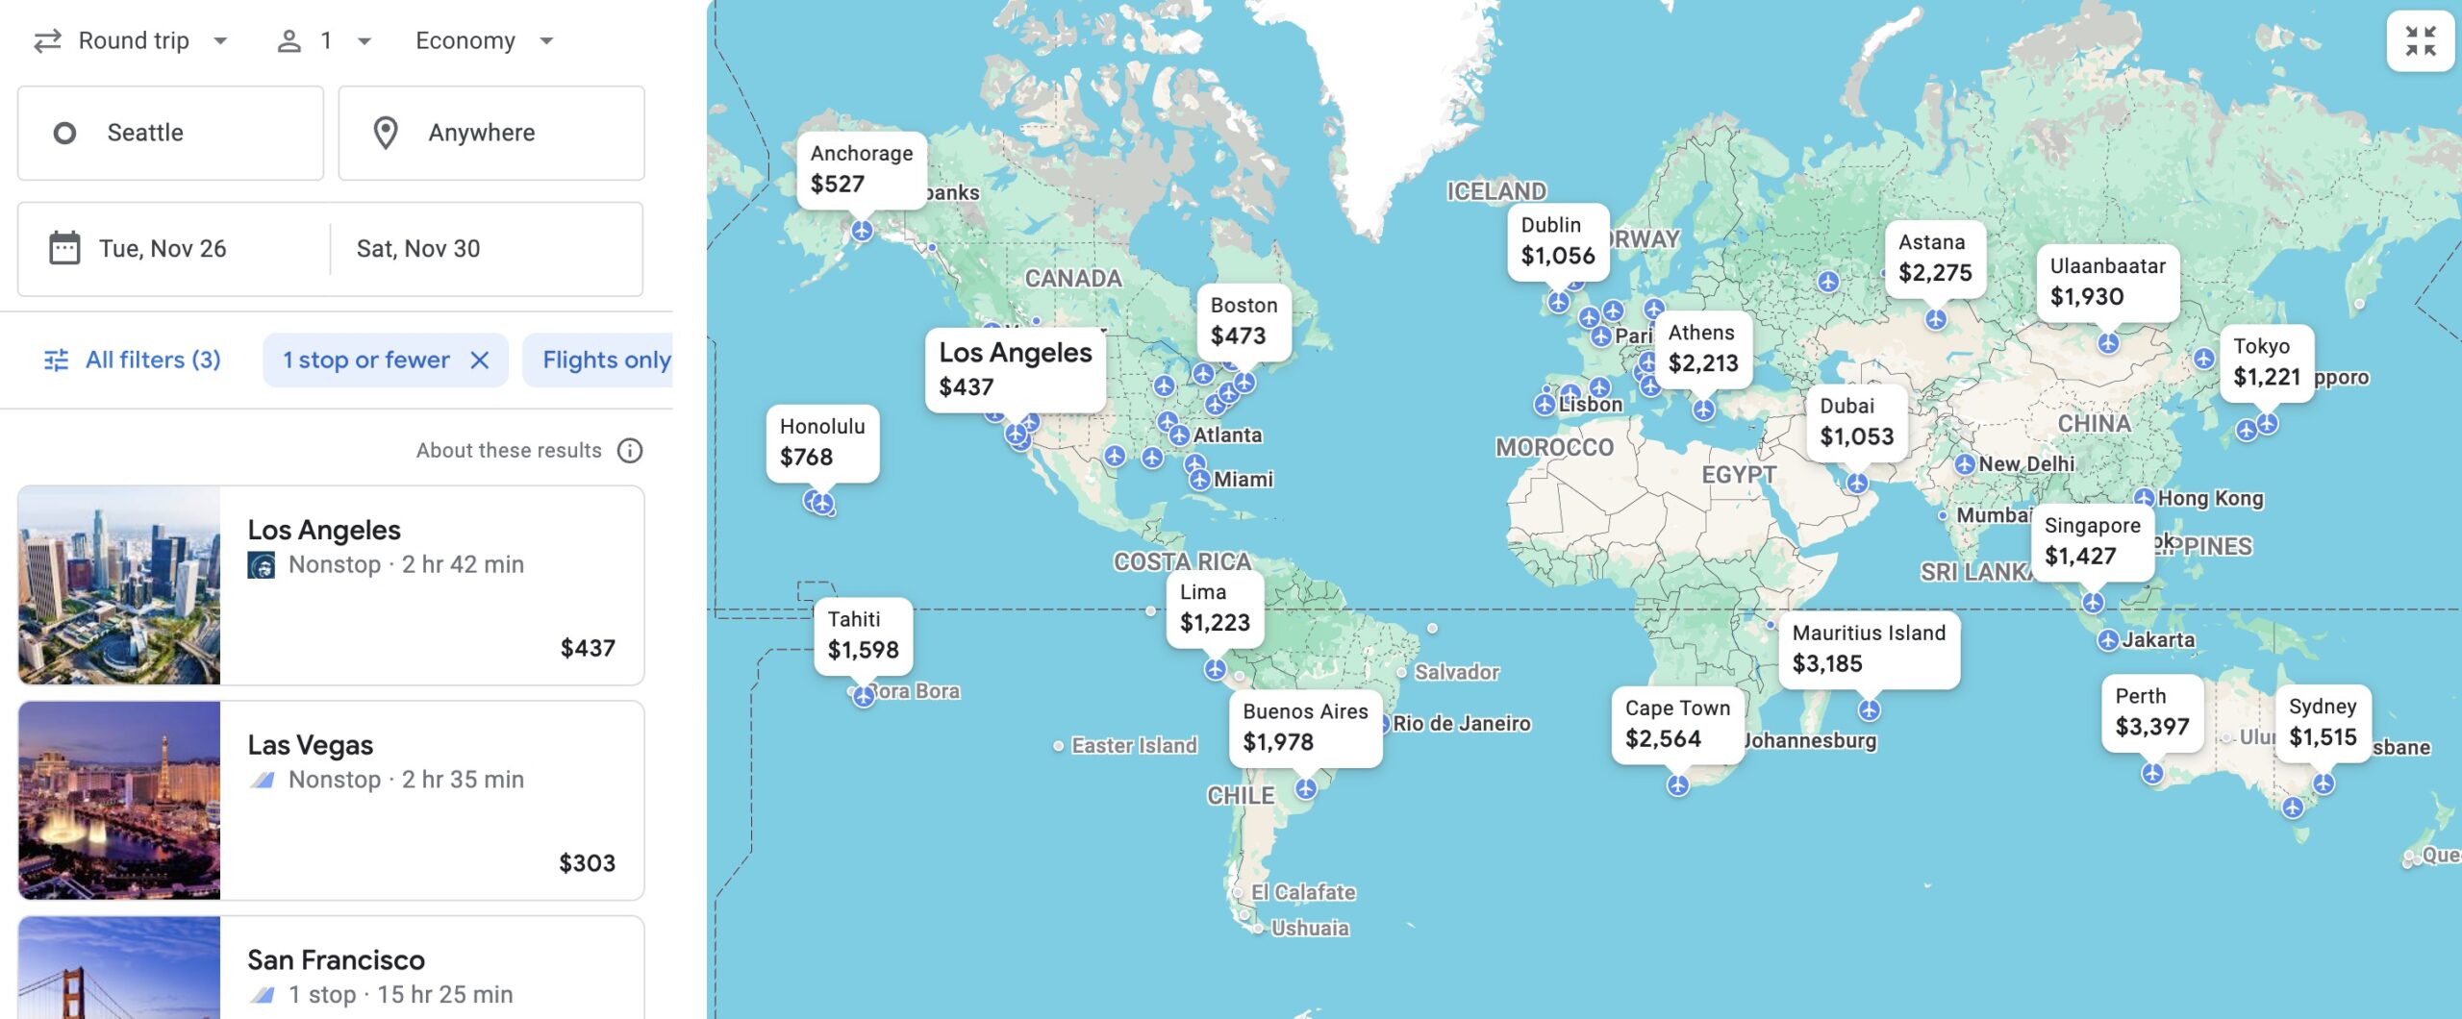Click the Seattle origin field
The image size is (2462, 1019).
(170, 133)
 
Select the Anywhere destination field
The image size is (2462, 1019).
(490, 133)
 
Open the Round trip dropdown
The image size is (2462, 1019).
(132, 40)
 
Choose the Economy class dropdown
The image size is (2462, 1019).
(484, 40)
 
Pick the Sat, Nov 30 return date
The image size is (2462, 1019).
(418, 249)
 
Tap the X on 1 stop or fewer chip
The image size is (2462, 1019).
(479, 360)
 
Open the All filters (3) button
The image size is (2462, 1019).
(134, 360)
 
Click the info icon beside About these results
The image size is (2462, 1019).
(630, 451)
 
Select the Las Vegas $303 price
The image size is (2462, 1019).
(587, 862)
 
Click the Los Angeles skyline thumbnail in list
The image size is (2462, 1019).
(119, 584)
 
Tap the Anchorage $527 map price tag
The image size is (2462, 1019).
(861, 169)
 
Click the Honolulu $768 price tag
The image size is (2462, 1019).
(821, 442)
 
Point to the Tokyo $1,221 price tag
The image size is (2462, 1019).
(2266, 362)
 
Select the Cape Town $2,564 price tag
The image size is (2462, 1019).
(1676, 724)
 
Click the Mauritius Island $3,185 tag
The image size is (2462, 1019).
(1868, 649)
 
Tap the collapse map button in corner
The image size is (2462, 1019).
(2420, 40)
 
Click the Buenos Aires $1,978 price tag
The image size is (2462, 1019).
(1304, 727)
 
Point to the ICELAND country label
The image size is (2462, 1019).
(1496, 191)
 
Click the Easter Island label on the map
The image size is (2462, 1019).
(1133, 745)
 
